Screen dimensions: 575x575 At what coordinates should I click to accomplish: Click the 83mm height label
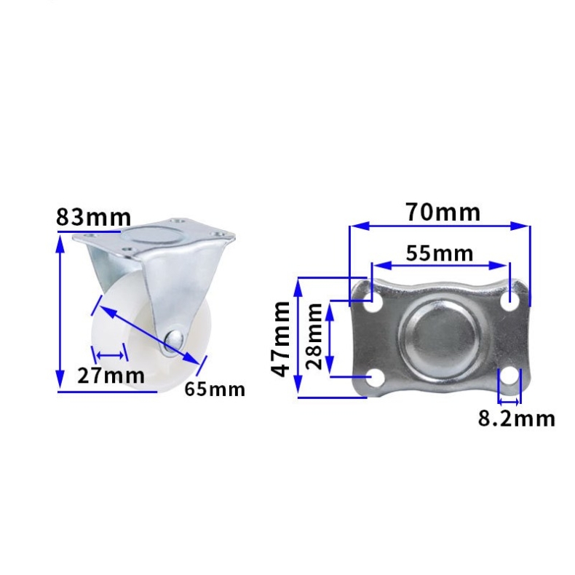tap(94, 217)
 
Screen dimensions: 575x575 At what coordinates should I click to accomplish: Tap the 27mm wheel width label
tap(111, 376)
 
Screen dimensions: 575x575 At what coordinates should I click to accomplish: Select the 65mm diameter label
tap(215, 389)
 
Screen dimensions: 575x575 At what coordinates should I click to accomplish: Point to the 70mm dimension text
tap(443, 212)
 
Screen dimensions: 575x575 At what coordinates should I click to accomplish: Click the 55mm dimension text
tap(439, 253)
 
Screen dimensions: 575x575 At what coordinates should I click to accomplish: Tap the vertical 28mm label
tap(314, 336)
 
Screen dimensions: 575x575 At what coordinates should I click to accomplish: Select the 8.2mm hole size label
tap(516, 419)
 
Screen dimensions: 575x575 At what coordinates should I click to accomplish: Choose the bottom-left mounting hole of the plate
tap(374, 377)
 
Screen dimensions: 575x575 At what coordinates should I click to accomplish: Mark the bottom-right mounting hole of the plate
tap(509, 378)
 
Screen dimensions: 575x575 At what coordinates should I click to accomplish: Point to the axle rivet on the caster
tap(174, 342)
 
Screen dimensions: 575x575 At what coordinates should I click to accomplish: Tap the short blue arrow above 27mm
tap(111, 356)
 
